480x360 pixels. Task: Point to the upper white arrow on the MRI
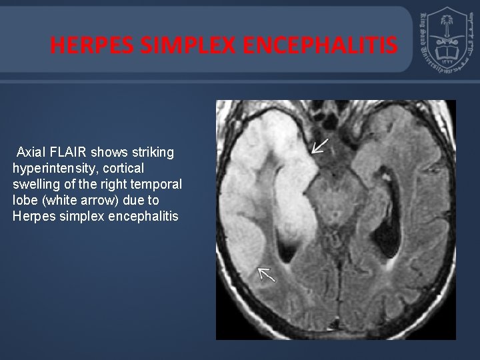click(320, 146)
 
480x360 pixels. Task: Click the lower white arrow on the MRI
click(267, 273)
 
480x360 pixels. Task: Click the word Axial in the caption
click(32, 153)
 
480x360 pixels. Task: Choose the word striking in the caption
click(151, 153)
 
